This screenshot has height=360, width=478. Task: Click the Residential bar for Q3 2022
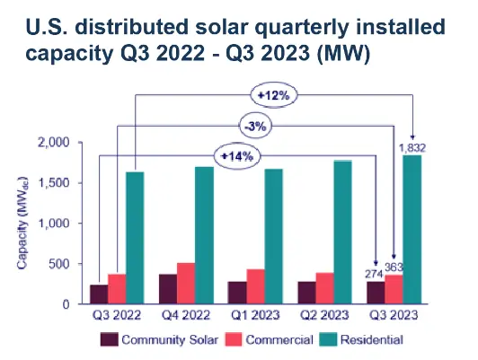(x=136, y=238)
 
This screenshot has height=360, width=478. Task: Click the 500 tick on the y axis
(x=85, y=264)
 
